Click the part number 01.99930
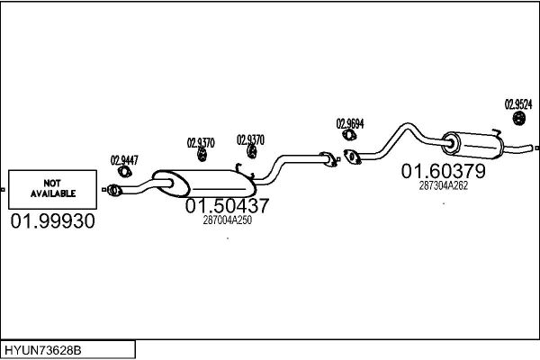(x=52, y=221)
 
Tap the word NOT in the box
(x=53, y=182)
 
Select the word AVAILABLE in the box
(x=53, y=193)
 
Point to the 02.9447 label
(x=124, y=160)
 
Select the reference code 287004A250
(x=227, y=220)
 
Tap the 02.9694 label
(x=350, y=123)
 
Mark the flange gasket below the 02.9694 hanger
(x=353, y=159)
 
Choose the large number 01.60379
(x=444, y=171)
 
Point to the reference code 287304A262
(x=444, y=185)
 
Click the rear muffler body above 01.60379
(x=472, y=143)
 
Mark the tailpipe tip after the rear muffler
(x=535, y=148)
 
